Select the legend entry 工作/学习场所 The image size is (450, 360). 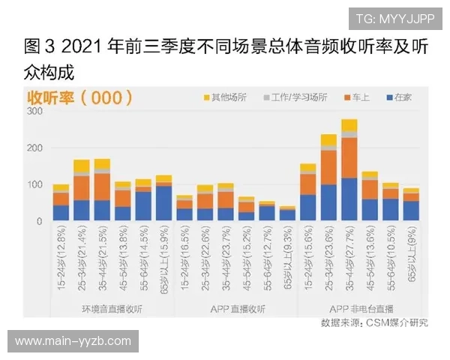click(298, 97)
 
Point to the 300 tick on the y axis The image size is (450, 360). click(34, 111)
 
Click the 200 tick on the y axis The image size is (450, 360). click(34, 148)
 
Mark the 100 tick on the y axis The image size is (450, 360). click(34, 184)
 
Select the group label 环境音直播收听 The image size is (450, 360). click(112, 308)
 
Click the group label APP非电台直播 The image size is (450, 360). click(361, 308)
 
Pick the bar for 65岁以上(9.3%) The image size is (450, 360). click(287, 214)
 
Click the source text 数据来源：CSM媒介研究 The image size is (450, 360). click(374, 322)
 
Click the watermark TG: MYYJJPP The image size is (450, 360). click(394, 19)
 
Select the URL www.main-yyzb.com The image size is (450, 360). click(73, 341)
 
